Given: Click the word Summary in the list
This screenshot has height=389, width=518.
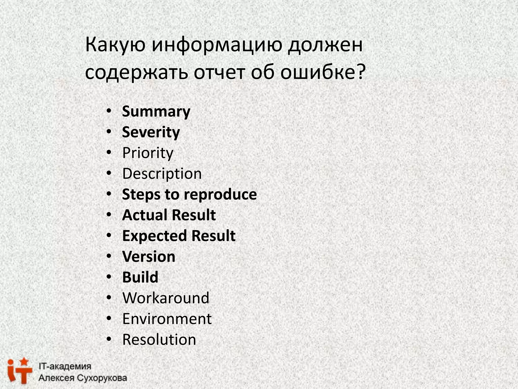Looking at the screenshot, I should point(156,112).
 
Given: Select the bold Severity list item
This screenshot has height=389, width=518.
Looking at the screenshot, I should point(151,132).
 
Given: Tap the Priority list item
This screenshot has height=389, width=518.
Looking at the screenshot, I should point(148,153).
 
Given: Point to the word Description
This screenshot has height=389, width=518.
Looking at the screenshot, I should point(162,174).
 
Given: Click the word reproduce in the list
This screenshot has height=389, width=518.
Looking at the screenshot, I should point(220,195).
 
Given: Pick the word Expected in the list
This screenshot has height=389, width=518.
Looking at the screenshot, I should point(155,236).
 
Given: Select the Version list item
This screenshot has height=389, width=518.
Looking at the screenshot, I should point(149,257).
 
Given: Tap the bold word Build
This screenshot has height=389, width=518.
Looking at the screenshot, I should point(140,277).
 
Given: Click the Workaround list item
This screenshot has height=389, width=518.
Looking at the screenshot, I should point(166,298).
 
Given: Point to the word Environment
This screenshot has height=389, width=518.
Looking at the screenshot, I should point(167,319).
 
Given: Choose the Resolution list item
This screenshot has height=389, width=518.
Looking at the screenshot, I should point(159,340).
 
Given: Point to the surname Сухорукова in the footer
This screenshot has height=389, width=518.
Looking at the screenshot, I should point(102,378).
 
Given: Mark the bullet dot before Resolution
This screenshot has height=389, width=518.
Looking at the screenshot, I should point(109,339).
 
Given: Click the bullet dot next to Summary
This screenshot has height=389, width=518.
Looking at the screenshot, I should point(109,111).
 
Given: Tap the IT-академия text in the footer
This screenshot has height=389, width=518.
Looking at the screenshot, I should point(65,366).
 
